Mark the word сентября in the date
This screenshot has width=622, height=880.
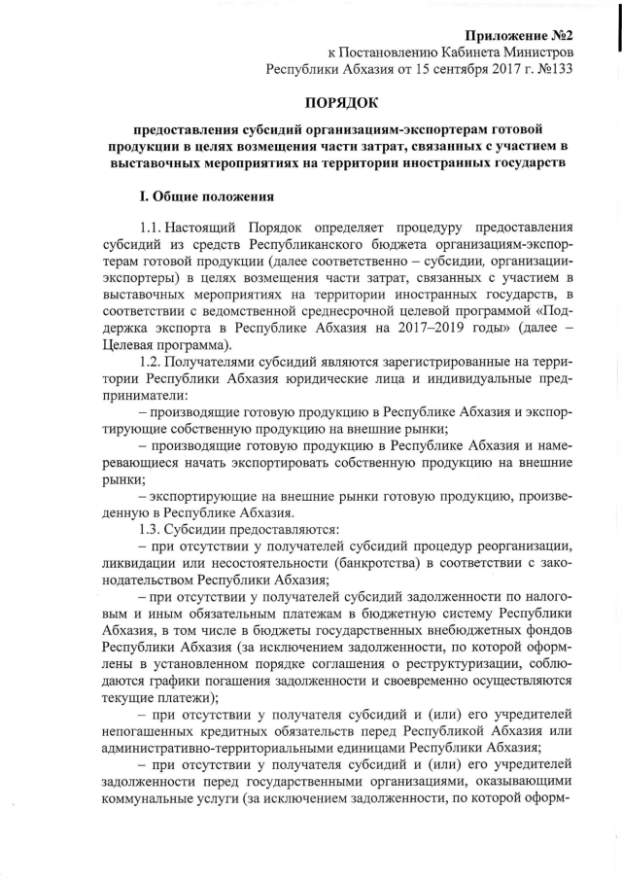(x=454, y=69)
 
